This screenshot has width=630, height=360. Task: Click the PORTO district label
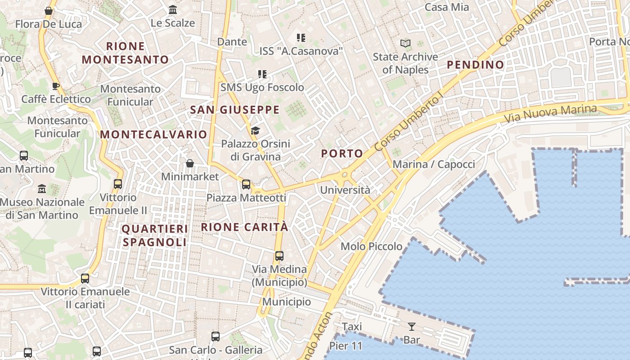point(342,153)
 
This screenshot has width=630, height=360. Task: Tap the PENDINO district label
point(475,65)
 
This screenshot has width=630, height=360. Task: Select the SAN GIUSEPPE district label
point(234,110)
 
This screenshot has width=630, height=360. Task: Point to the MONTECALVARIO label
point(153,135)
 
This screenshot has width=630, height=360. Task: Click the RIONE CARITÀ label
point(244,227)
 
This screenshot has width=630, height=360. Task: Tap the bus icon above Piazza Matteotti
point(246,184)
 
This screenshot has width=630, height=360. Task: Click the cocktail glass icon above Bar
point(411,326)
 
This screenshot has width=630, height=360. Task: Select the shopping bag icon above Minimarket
point(190,163)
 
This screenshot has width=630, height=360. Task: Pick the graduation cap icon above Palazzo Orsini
point(255,131)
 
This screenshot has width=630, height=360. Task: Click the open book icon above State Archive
point(405,43)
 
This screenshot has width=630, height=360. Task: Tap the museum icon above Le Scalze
point(173,9)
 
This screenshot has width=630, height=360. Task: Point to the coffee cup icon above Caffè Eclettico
point(56,85)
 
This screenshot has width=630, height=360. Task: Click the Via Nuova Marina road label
point(550,114)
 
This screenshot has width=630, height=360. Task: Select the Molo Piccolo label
point(371,246)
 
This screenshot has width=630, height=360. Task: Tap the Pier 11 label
point(346,346)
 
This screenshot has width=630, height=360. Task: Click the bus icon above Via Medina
point(279,256)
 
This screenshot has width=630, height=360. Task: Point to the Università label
point(345,190)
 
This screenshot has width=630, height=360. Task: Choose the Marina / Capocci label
point(434,164)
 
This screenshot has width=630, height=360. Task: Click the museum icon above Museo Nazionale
point(42,189)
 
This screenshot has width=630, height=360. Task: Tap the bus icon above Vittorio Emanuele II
point(118,184)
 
